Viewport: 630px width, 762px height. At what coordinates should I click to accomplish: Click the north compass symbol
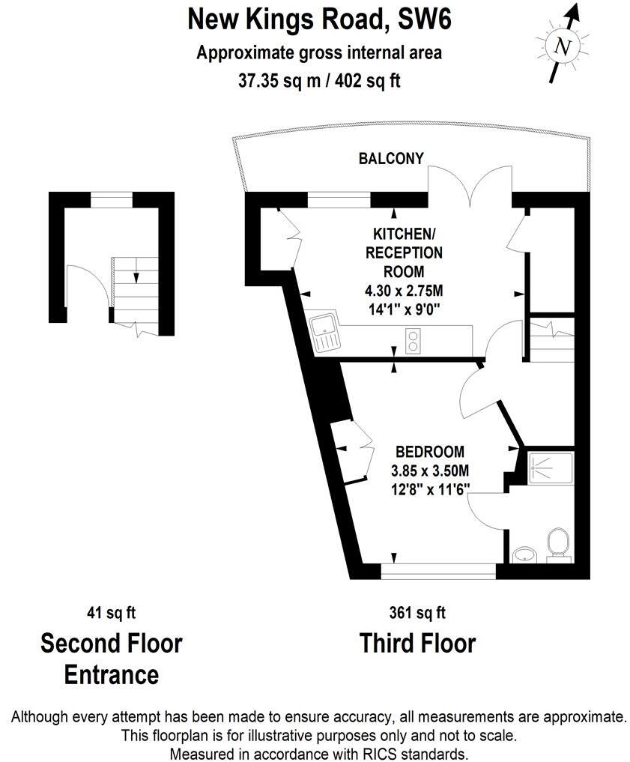[563, 46]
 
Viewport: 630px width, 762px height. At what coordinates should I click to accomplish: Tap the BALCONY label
[391, 159]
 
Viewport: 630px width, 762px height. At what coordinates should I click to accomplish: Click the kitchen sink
[324, 332]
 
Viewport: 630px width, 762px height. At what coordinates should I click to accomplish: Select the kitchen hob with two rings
[412, 341]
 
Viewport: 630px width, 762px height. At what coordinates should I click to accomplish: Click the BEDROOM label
[430, 452]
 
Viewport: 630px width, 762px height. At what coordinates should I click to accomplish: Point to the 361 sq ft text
[417, 613]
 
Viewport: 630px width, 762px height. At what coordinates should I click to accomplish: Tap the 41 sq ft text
[111, 613]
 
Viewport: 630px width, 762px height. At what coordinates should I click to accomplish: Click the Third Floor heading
[417, 643]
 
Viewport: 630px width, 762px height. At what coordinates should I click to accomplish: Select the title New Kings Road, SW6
[319, 19]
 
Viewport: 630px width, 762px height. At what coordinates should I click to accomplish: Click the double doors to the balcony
[470, 187]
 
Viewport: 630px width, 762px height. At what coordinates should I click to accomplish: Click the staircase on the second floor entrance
[136, 288]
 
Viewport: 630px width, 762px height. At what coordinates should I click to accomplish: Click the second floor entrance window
[112, 199]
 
